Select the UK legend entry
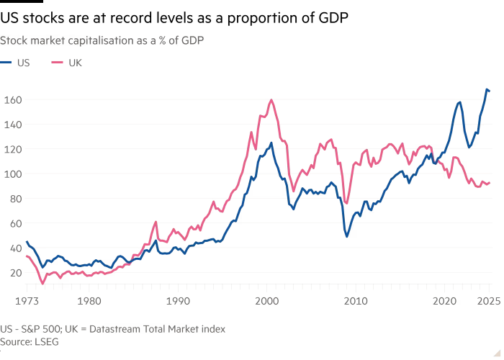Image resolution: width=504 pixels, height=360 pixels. pyautogui.click(x=70, y=63)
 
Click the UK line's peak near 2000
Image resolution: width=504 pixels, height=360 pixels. pyautogui.click(x=271, y=100)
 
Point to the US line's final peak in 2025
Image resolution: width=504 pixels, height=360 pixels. pyautogui.click(x=487, y=89)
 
